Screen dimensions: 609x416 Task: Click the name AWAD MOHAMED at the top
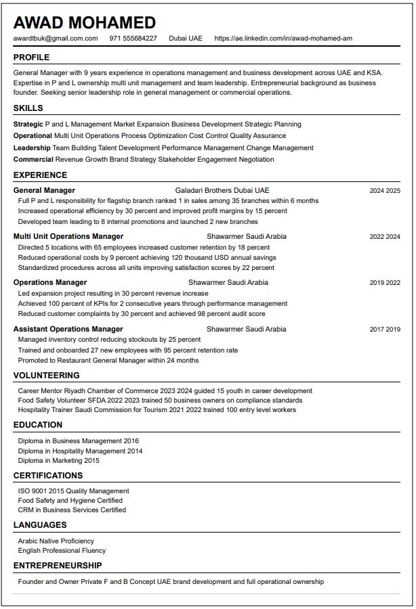click(x=85, y=22)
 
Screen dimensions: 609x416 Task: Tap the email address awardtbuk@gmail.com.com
click(x=56, y=39)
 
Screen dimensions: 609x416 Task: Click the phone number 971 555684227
click(x=133, y=39)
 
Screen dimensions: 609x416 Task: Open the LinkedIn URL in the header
click(x=283, y=39)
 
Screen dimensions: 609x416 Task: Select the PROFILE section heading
click(x=31, y=58)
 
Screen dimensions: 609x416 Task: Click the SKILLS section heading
click(x=28, y=108)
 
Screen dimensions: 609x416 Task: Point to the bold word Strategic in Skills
click(x=28, y=125)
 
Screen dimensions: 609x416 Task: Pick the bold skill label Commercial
click(x=33, y=160)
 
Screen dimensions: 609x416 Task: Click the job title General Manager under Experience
click(x=44, y=191)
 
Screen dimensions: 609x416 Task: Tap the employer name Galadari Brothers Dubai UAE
click(x=222, y=191)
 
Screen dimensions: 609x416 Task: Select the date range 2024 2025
click(x=385, y=191)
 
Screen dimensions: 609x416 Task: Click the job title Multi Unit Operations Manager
click(x=68, y=237)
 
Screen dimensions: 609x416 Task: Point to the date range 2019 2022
click(x=385, y=283)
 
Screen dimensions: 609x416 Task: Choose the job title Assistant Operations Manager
click(x=68, y=330)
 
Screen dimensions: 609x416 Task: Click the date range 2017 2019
click(x=385, y=330)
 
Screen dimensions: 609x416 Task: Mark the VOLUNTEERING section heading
click(x=46, y=376)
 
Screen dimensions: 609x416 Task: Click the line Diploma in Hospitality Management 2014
click(x=81, y=451)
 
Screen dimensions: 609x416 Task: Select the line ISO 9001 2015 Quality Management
click(x=74, y=491)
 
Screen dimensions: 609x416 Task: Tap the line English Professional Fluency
click(x=62, y=551)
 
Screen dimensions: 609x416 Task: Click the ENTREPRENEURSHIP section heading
click(x=58, y=566)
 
